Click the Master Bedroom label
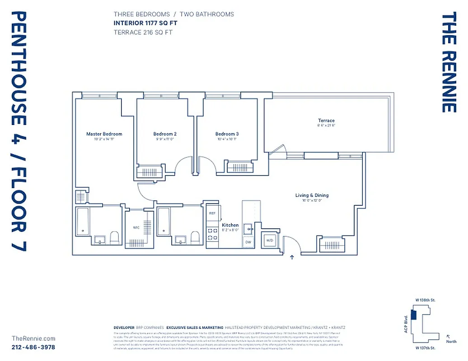coord(104,134)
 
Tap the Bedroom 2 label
coord(164,134)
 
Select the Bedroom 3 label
coord(227,134)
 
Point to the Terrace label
coord(326,120)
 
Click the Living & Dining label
coord(312,195)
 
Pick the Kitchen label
coord(230,225)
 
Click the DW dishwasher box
coord(248,242)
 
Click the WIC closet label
coord(136,227)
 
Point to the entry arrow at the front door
coord(292,258)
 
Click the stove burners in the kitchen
coord(212,234)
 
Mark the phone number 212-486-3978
coord(33,347)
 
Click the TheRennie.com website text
coord(33,338)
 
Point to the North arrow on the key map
coord(449,336)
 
